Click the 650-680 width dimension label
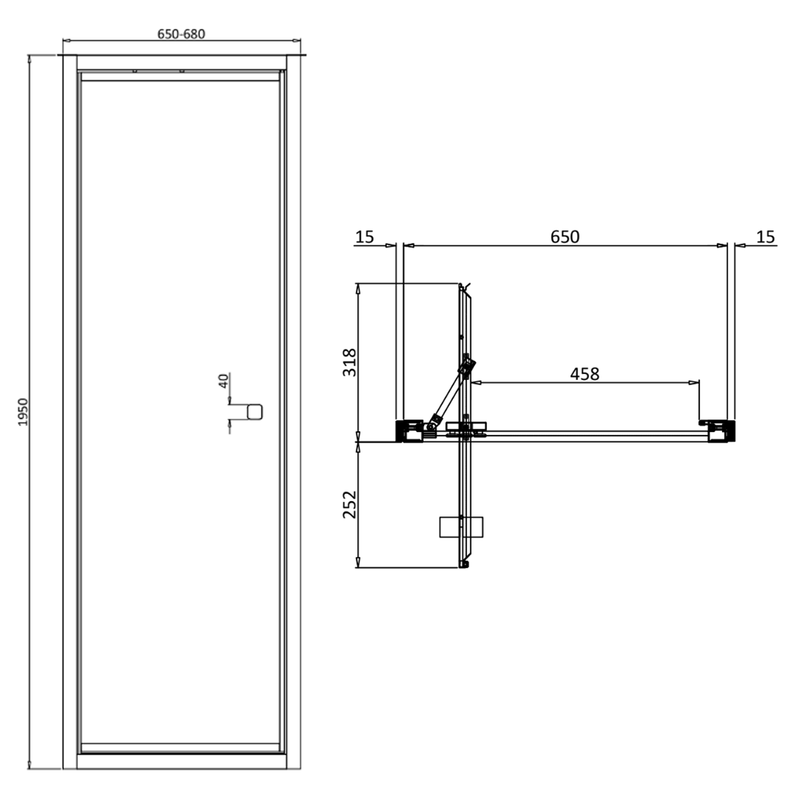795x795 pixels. pos(181,34)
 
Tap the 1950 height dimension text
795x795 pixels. pos(23,412)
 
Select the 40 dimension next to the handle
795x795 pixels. pos(224,380)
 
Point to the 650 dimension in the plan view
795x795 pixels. pos(564,236)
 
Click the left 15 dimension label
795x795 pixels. pos(364,236)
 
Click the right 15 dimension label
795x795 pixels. pos(765,236)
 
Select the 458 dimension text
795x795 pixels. pos(584,374)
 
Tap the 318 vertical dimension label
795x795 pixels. pos(349,363)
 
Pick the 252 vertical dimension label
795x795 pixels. pos(349,505)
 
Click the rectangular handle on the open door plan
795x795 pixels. pos(461,527)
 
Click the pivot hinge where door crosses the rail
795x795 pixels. pos(465,430)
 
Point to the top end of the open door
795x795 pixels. pos(463,287)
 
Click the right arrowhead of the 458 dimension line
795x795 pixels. pos(695,382)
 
